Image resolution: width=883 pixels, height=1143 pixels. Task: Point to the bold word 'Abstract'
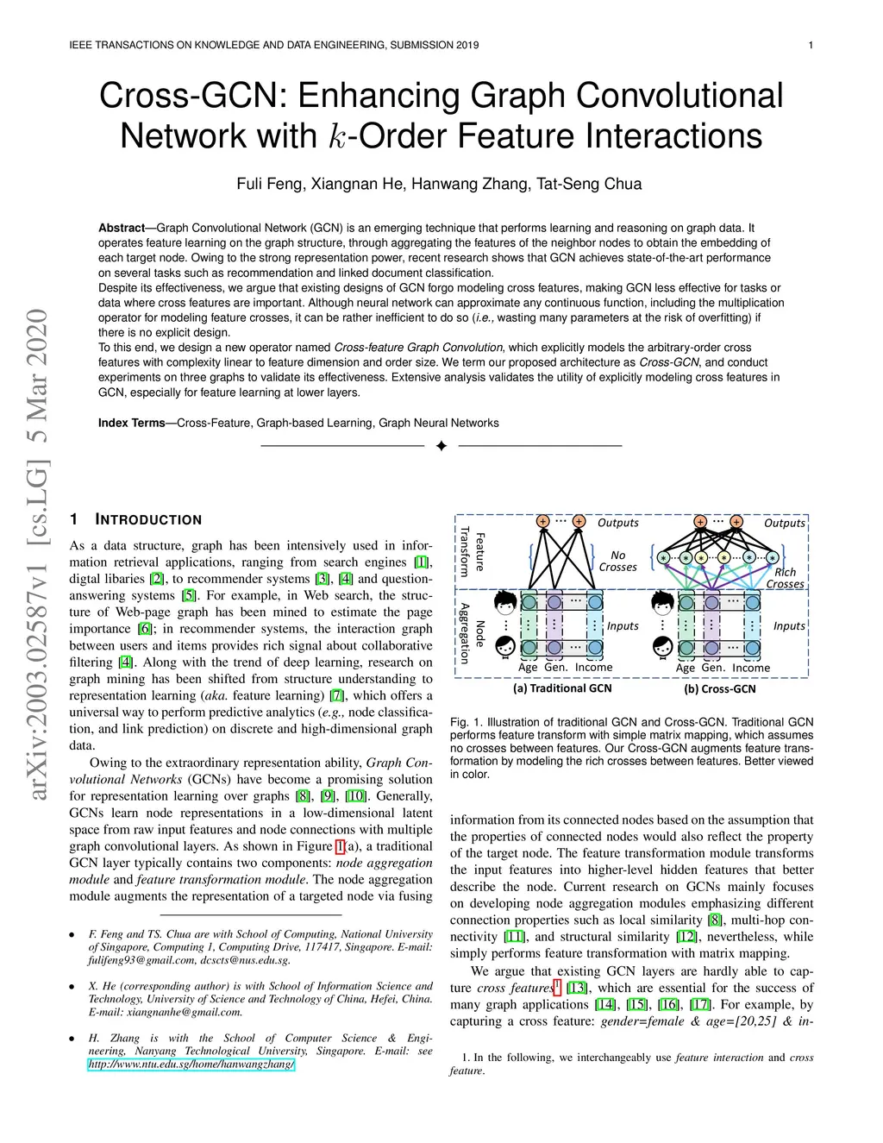click(x=121, y=228)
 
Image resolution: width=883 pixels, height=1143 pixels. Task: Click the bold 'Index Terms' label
click(x=131, y=423)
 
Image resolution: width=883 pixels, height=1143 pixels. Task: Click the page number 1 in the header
click(x=811, y=45)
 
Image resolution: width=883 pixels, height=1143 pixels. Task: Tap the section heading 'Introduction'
click(x=148, y=519)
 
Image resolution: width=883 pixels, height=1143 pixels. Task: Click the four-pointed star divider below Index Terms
click(x=441, y=446)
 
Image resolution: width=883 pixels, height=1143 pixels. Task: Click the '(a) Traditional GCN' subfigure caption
click(x=562, y=688)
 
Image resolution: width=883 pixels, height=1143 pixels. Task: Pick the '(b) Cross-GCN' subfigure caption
click(x=720, y=688)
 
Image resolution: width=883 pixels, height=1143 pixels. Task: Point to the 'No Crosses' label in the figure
click(x=617, y=562)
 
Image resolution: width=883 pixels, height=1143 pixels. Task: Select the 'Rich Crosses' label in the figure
click(x=785, y=578)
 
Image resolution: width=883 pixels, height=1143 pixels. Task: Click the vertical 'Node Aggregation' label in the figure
click(x=472, y=633)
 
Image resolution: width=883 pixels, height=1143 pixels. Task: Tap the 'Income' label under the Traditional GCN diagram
click(x=593, y=668)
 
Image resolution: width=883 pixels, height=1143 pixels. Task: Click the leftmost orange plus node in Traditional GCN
click(x=542, y=521)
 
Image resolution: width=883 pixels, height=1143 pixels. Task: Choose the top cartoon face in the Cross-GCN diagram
click(x=662, y=602)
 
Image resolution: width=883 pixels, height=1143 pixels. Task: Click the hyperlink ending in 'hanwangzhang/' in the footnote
click(x=191, y=1064)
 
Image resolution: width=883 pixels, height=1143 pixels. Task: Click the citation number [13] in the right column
click(x=576, y=988)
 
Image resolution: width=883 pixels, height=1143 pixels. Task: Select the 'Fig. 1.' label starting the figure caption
click(x=467, y=722)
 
